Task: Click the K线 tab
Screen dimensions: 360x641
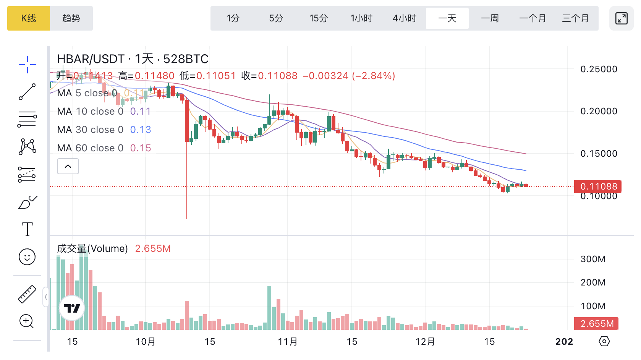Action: pyautogui.click(x=29, y=18)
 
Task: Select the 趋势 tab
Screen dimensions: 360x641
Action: pyautogui.click(x=71, y=18)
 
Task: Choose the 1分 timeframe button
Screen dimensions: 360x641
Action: pyautogui.click(x=233, y=18)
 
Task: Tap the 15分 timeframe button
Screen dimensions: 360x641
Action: pyautogui.click(x=319, y=18)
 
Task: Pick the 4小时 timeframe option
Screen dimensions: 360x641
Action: pyautogui.click(x=404, y=18)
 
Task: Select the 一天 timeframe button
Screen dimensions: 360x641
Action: pyautogui.click(x=447, y=18)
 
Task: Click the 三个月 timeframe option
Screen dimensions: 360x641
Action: pyautogui.click(x=575, y=18)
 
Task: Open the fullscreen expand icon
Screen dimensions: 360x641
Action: pyautogui.click(x=621, y=18)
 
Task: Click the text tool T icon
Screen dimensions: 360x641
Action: pyautogui.click(x=27, y=229)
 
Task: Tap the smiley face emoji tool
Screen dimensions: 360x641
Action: pyautogui.click(x=27, y=257)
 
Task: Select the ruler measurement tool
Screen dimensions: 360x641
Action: pyautogui.click(x=27, y=294)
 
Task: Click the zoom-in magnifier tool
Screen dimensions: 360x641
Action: pyautogui.click(x=27, y=321)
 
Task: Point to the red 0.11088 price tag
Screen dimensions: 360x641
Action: pyautogui.click(x=598, y=186)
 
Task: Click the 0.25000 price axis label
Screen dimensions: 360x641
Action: pyautogui.click(x=599, y=69)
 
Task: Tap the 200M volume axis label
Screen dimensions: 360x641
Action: pyautogui.click(x=593, y=282)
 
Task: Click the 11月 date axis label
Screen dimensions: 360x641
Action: pyautogui.click(x=288, y=342)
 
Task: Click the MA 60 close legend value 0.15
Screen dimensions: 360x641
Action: pyautogui.click(x=141, y=148)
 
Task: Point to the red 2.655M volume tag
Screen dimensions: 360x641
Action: pyautogui.click(x=596, y=324)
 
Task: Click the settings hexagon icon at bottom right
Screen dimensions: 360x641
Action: pyautogui.click(x=604, y=341)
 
